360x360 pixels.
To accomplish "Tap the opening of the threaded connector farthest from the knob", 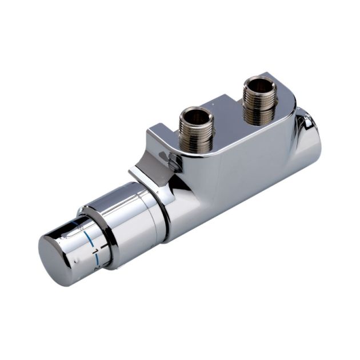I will tap(260, 83).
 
